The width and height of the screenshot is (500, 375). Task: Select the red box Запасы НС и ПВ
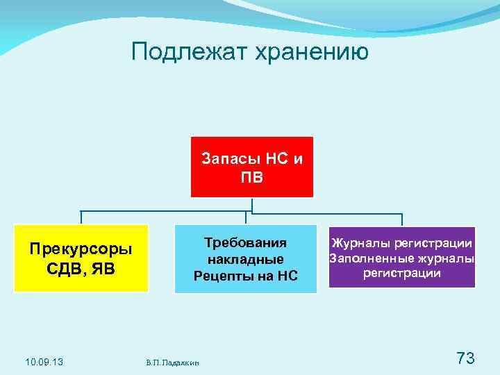[252, 167]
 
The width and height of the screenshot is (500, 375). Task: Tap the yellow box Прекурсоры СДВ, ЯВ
[83, 258]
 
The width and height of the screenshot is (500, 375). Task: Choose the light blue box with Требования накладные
[245, 258]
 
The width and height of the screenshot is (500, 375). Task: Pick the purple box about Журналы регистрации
[402, 258]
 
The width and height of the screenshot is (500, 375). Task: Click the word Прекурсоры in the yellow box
[83, 248]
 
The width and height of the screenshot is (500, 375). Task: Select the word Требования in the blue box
[246, 242]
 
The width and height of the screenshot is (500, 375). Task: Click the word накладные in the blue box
[246, 259]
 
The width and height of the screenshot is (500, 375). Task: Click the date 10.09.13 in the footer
[44, 361]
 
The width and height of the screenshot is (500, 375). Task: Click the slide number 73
[465, 358]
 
